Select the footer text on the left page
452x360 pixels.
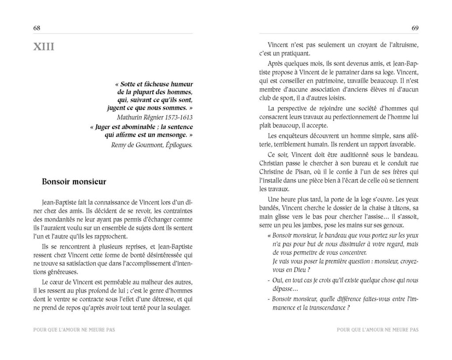pos(73,329)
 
